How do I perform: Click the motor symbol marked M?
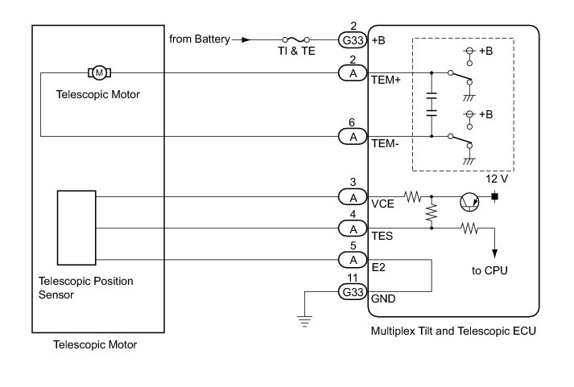click(99, 72)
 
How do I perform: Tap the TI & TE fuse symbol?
click(295, 39)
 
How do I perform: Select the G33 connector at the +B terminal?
click(353, 40)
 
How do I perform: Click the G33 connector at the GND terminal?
click(353, 292)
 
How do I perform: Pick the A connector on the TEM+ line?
click(353, 73)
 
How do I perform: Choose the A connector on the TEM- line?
click(353, 137)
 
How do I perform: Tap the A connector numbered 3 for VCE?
click(353, 198)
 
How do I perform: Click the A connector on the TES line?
click(353, 229)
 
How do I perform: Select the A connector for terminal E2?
click(353, 260)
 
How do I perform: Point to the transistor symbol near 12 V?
click(469, 202)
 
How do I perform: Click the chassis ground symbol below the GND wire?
click(304, 321)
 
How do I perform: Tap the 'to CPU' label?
click(489, 270)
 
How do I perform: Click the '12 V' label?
click(497, 179)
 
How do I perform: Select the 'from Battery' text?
click(200, 39)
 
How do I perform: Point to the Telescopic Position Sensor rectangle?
click(76, 228)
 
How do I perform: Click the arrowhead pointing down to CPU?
click(494, 254)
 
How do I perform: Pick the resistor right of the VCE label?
click(413, 197)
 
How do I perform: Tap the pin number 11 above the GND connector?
click(352, 278)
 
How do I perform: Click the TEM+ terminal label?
click(386, 80)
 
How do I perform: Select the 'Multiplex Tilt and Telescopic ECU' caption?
click(453, 331)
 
